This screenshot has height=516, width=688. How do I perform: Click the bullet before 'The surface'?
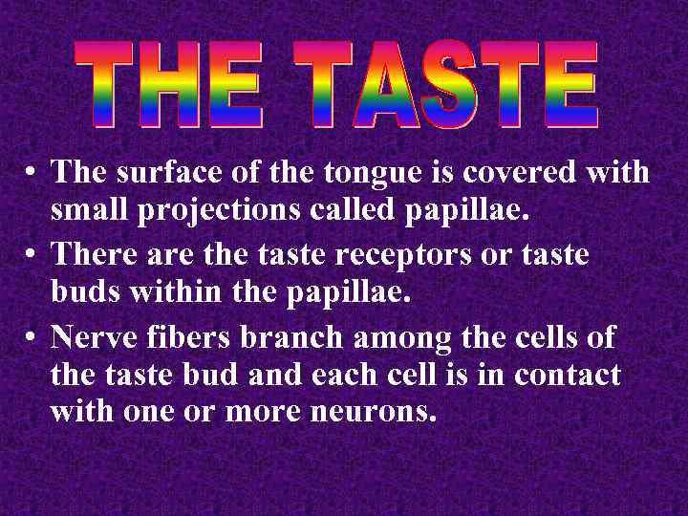(x=32, y=173)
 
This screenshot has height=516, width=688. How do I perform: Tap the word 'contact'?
(x=568, y=376)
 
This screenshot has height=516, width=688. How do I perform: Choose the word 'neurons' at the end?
(x=377, y=413)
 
